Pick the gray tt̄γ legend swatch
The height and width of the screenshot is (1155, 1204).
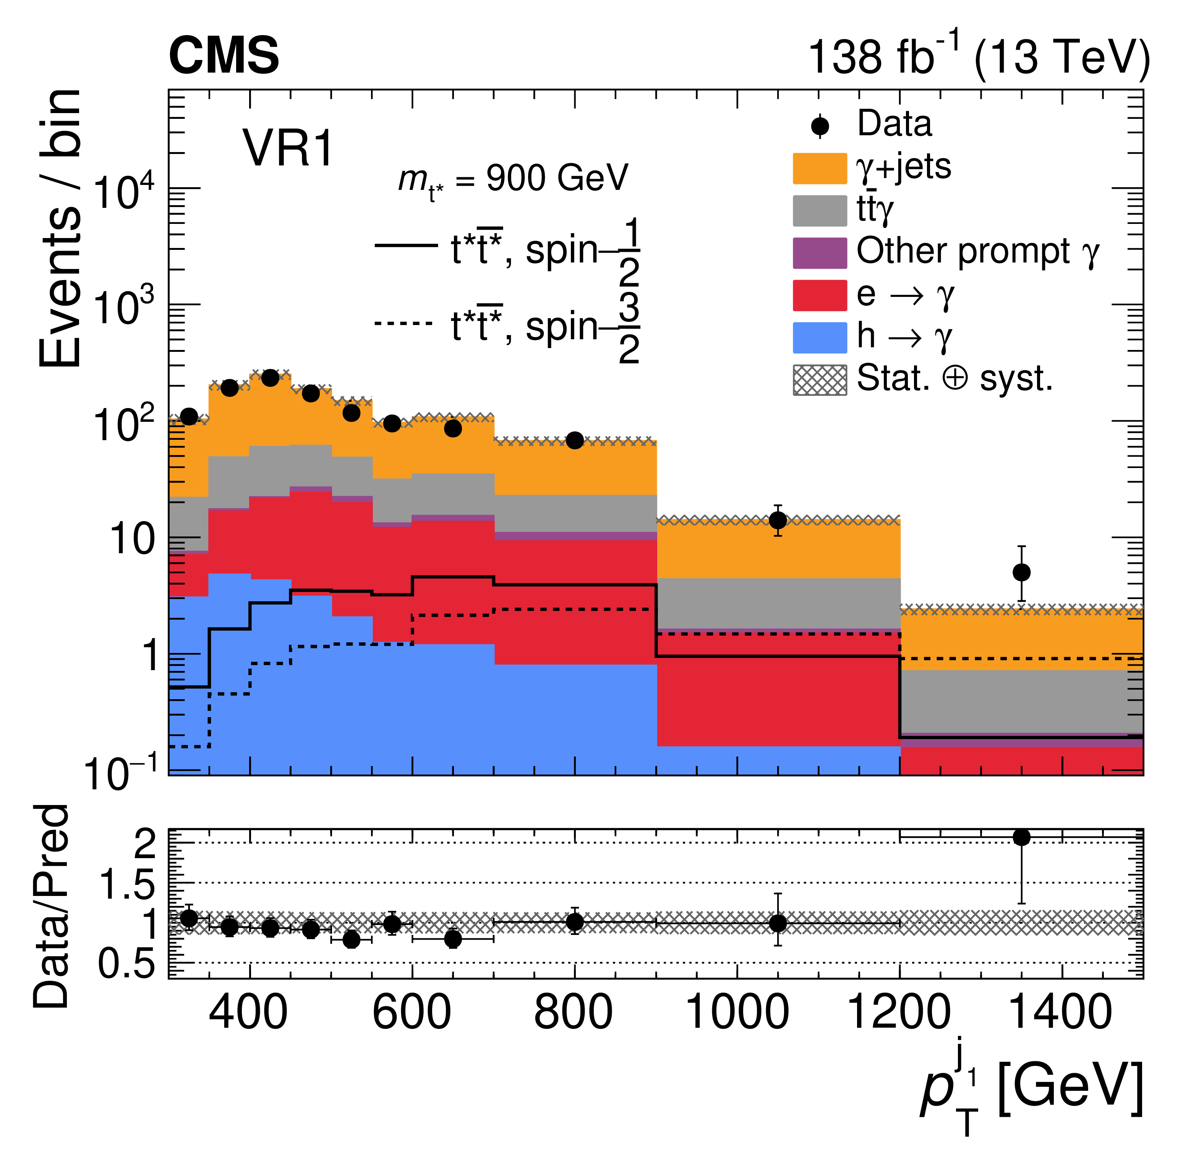point(820,211)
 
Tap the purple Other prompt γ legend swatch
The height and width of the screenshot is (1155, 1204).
point(820,253)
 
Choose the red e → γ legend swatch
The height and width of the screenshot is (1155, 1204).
point(820,295)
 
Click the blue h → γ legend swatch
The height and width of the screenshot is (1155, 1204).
point(820,337)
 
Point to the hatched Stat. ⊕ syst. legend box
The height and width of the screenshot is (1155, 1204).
point(820,380)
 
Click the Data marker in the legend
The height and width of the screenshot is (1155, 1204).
point(820,126)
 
